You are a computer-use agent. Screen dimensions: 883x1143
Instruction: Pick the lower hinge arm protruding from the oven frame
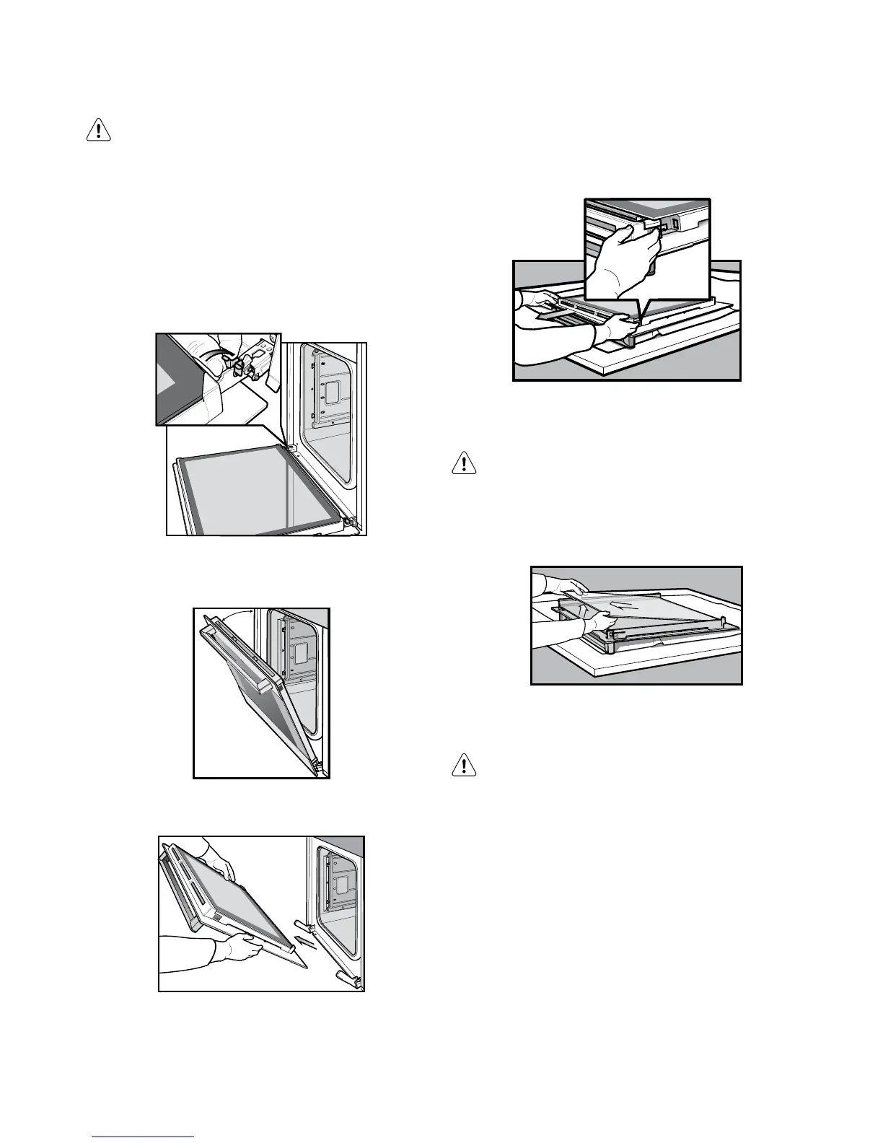click(347, 978)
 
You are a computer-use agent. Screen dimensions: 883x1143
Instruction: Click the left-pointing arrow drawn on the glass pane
click(621, 603)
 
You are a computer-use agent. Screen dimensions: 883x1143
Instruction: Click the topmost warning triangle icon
click(98, 130)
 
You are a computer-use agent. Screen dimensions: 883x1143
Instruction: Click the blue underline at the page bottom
click(144, 1137)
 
